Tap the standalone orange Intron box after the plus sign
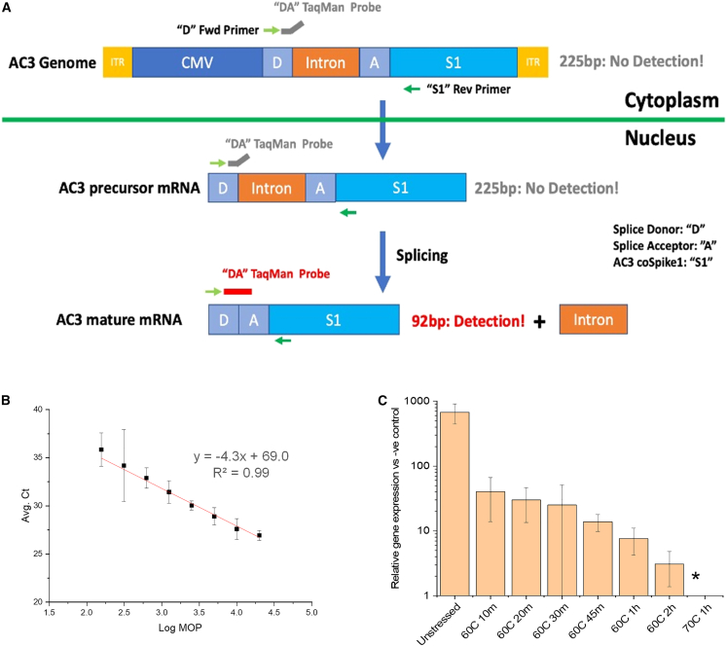pos(592,318)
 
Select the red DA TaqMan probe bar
pos(237,290)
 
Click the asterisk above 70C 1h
pos(695,577)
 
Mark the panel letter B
pos(8,398)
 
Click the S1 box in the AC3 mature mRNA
pos(334,318)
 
